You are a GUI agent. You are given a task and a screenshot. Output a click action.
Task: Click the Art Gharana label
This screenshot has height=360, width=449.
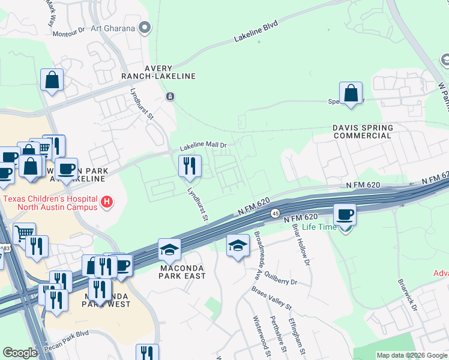point(111,28)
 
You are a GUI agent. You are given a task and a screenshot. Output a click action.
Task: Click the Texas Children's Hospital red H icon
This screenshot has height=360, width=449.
point(107,202)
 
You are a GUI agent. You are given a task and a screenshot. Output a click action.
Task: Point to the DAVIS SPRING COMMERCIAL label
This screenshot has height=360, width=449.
point(363,131)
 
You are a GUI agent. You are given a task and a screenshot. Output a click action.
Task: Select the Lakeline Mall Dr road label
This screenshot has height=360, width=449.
point(203,146)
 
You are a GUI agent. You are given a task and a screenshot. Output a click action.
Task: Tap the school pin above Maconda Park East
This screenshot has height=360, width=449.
point(170,249)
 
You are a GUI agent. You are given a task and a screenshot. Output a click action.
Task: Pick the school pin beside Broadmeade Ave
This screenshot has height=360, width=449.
point(238,245)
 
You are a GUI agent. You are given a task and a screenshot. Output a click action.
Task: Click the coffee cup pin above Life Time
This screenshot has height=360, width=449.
point(345,214)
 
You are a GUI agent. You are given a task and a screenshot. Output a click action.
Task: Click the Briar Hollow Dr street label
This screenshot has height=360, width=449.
point(301,245)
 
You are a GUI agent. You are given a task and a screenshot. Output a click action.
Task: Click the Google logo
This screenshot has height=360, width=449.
point(19,353)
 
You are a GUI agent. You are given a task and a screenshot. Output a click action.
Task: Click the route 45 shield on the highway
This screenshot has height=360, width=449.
point(274,213)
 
